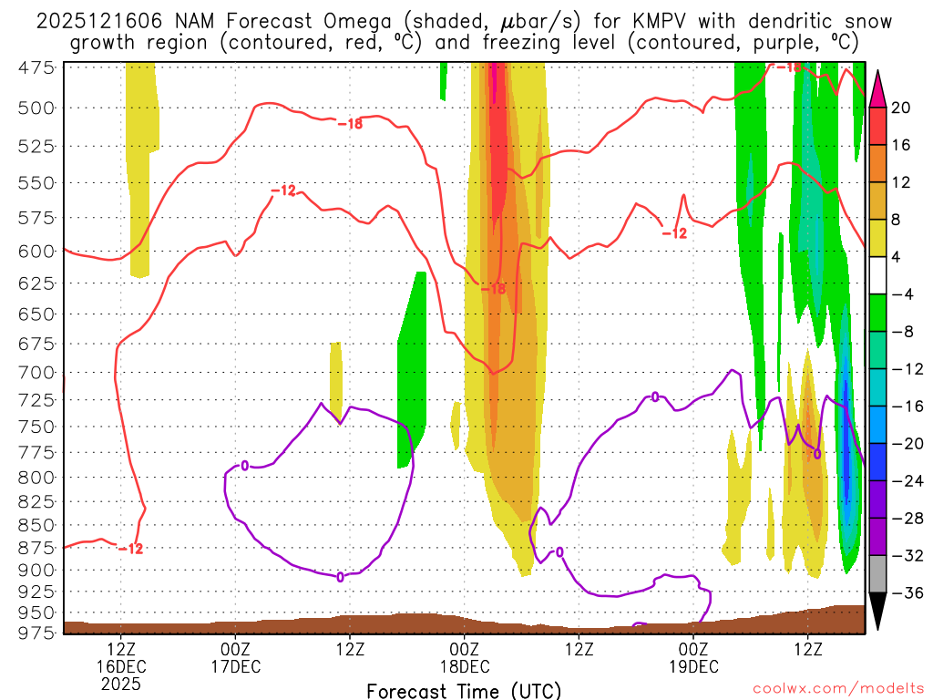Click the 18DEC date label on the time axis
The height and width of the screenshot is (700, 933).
pos(465,666)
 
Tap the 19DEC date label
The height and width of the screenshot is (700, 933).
pos(694,666)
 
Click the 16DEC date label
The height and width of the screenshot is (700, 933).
pos(122,666)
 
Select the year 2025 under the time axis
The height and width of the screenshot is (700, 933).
pos(122,684)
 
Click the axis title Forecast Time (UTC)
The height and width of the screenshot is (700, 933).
pos(464,690)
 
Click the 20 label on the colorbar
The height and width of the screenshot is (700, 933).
pos(901,108)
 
